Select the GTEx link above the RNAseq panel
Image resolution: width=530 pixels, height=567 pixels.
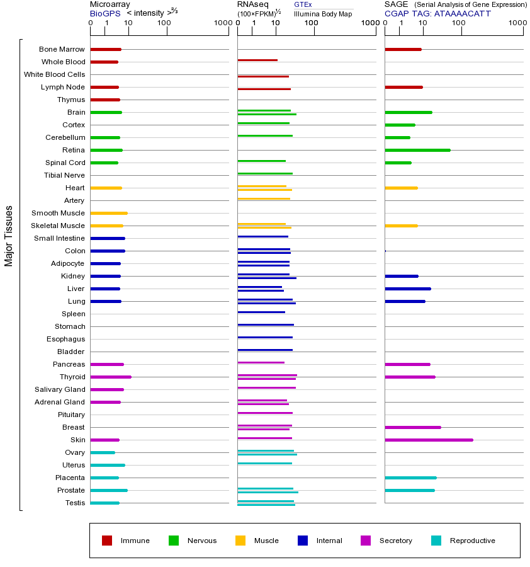(x=303, y=4)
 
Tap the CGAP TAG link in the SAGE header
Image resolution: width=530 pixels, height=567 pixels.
(x=437, y=13)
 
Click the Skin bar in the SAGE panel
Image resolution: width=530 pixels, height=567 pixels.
(x=429, y=440)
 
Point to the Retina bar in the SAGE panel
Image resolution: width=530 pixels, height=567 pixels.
(x=417, y=150)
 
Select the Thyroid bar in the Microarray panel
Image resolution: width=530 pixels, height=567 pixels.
(x=111, y=377)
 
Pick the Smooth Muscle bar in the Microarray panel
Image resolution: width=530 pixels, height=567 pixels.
(x=109, y=213)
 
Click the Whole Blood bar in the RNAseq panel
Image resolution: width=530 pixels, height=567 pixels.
(x=257, y=60)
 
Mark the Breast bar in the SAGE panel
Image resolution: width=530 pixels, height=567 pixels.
(x=412, y=427)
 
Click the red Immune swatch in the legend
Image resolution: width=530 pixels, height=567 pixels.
(x=107, y=541)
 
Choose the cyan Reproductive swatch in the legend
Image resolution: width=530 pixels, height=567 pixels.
(x=436, y=541)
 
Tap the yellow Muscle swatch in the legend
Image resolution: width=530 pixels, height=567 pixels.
(x=240, y=541)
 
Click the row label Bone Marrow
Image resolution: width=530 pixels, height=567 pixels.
(x=62, y=49)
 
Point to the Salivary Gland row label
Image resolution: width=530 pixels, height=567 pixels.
(x=60, y=389)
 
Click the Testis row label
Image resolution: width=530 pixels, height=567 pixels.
(x=75, y=503)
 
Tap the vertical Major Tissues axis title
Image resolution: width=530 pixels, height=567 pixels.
(x=9, y=236)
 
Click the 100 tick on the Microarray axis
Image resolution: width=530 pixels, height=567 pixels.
(x=164, y=23)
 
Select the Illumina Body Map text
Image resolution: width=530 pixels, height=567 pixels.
(x=323, y=13)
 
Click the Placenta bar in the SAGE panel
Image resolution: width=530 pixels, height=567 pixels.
(x=410, y=478)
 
